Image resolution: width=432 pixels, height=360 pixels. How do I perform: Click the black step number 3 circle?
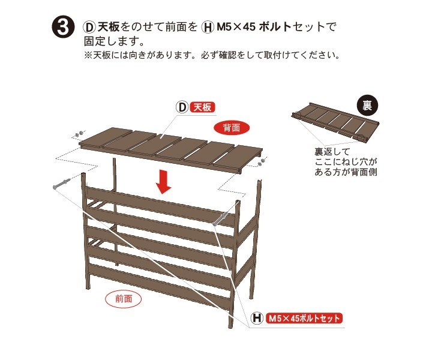point(63,27)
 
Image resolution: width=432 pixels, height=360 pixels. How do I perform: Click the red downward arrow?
point(163,182)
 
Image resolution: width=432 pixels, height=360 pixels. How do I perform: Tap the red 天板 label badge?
point(203,107)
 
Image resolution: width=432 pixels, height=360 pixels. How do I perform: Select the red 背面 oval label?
point(232,128)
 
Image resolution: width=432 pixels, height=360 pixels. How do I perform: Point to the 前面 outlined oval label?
point(124,299)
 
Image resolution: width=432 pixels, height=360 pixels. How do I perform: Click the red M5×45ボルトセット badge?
point(304,318)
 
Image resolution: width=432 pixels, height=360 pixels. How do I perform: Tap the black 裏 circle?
point(367,105)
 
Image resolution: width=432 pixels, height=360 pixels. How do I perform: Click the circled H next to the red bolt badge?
point(257,318)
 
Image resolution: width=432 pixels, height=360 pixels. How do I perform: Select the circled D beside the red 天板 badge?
point(182,107)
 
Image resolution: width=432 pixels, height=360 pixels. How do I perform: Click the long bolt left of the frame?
point(61,184)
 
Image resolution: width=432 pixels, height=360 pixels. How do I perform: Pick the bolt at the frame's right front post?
point(220,218)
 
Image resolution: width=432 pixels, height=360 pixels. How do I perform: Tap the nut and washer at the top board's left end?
point(79,134)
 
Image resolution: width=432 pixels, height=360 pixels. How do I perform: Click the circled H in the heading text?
point(208,27)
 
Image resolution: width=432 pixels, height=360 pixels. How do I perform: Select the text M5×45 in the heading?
point(236,27)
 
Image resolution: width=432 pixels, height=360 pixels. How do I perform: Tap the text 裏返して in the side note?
point(332,152)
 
